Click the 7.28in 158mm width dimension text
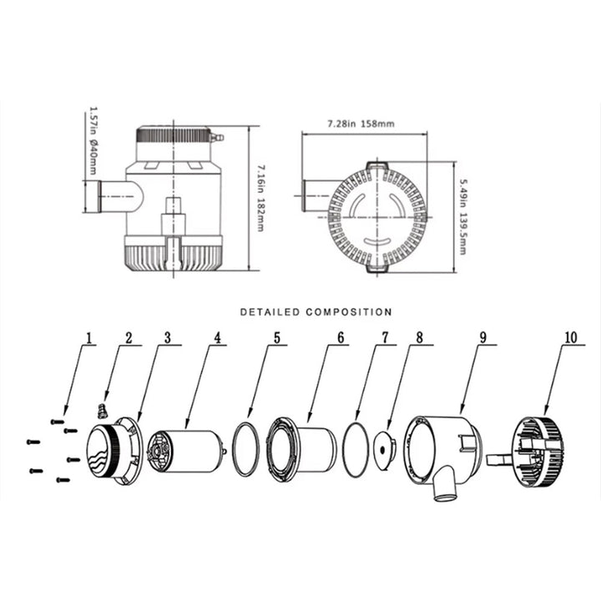pyautogui.click(x=361, y=124)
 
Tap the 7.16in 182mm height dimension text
pyautogui.click(x=260, y=198)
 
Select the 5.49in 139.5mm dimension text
pyautogui.click(x=463, y=217)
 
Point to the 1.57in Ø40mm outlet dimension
pyautogui.click(x=93, y=141)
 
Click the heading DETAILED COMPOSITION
pyautogui.click(x=316, y=312)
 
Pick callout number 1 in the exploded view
pyautogui.click(x=89, y=338)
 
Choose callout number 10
pyautogui.click(x=571, y=337)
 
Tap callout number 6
pyautogui.click(x=341, y=338)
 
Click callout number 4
pyautogui.click(x=218, y=338)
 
